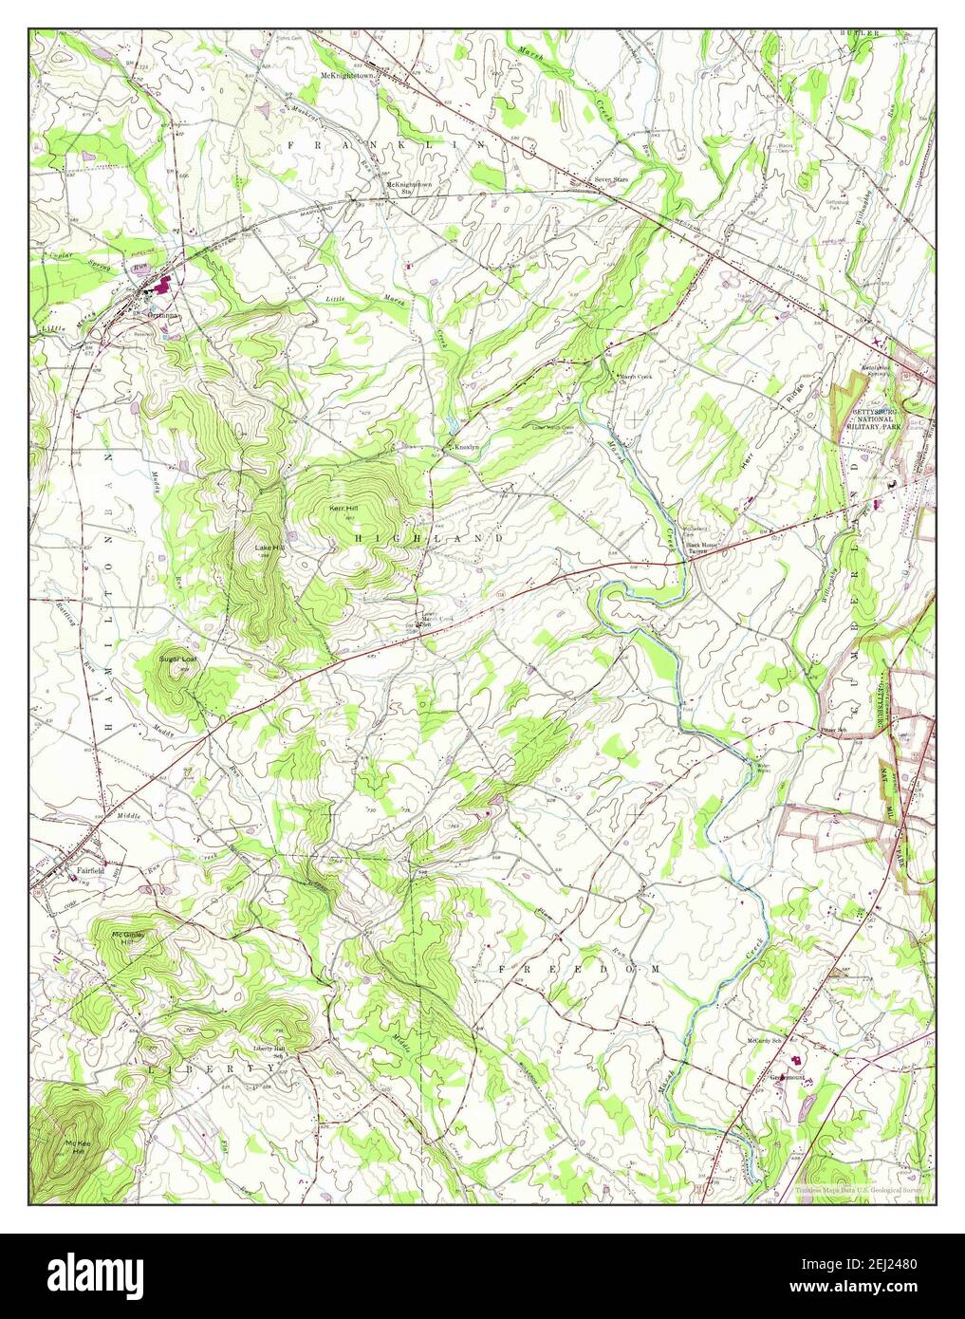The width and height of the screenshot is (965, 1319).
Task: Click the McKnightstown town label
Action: pos(348,75)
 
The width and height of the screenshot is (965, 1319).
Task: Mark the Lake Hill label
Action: pos(268,548)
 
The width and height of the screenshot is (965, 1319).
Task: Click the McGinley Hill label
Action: pos(128,938)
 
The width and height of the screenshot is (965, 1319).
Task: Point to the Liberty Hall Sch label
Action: pos(269,1051)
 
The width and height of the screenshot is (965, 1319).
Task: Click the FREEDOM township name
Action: pos(579,969)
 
